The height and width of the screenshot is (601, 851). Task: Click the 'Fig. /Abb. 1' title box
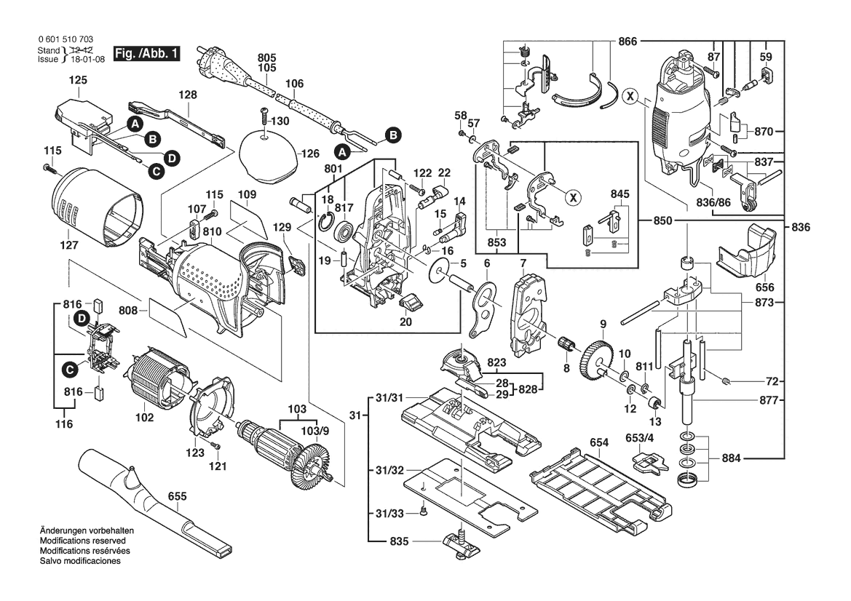pos(151,54)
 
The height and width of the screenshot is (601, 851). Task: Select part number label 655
pos(177,496)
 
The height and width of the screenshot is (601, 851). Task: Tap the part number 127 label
pos(68,245)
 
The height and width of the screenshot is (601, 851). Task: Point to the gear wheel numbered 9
pos(595,356)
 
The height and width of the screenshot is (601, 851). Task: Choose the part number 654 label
pos(599,442)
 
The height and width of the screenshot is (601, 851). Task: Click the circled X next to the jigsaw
pos(630,95)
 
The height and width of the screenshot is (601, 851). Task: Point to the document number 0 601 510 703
pos(63,39)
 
